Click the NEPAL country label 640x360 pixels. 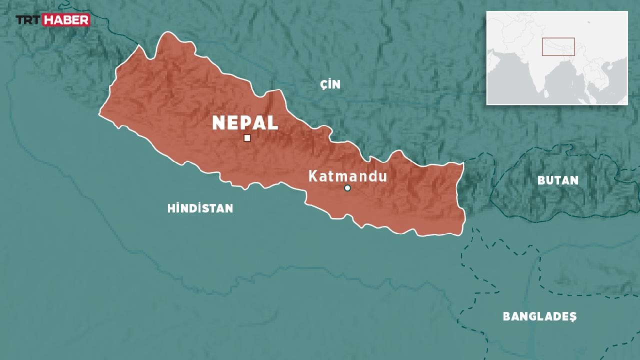245,123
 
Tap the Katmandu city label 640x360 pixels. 347,176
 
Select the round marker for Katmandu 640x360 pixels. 347,188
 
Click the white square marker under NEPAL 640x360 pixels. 247,138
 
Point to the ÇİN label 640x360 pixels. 330,84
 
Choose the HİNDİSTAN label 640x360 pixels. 200,208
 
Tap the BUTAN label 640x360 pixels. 558,180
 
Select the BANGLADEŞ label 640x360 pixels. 539,316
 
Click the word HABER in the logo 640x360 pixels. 66,20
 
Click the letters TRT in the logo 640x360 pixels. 28,20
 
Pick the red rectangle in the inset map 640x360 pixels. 558,46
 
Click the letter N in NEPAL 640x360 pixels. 218,123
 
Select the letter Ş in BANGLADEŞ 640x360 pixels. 573,317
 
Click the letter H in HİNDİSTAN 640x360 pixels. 170,208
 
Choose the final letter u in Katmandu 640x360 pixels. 383,176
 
